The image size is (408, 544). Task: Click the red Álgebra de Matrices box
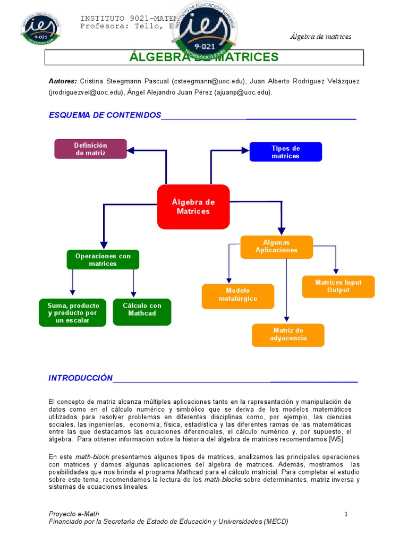(193, 207)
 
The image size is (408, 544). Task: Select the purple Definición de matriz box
(91, 149)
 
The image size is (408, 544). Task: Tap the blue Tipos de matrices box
(286, 152)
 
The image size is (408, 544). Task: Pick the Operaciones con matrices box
(103, 260)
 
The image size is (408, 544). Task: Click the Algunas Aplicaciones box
(276, 246)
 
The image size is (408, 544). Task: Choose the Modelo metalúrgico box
(238, 295)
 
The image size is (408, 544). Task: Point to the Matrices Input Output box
(338, 286)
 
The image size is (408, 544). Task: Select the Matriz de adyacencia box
(288, 335)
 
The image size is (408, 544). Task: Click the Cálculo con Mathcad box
(142, 312)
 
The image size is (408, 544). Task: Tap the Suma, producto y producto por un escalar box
(73, 312)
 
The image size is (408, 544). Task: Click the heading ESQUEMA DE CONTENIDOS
(105, 115)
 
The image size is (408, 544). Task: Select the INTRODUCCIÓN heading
(81, 378)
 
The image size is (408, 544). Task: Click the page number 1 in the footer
(345, 514)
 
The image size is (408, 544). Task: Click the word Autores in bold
(63, 81)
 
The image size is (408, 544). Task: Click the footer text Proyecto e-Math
(74, 514)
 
